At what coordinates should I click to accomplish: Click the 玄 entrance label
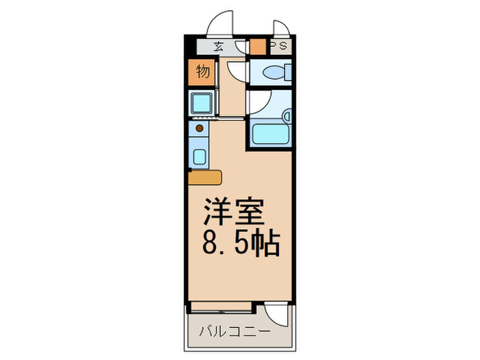point(218,47)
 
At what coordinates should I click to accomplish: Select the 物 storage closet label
point(202,71)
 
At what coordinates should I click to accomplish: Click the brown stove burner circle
point(200,127)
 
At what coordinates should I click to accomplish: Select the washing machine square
point(203,104)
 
